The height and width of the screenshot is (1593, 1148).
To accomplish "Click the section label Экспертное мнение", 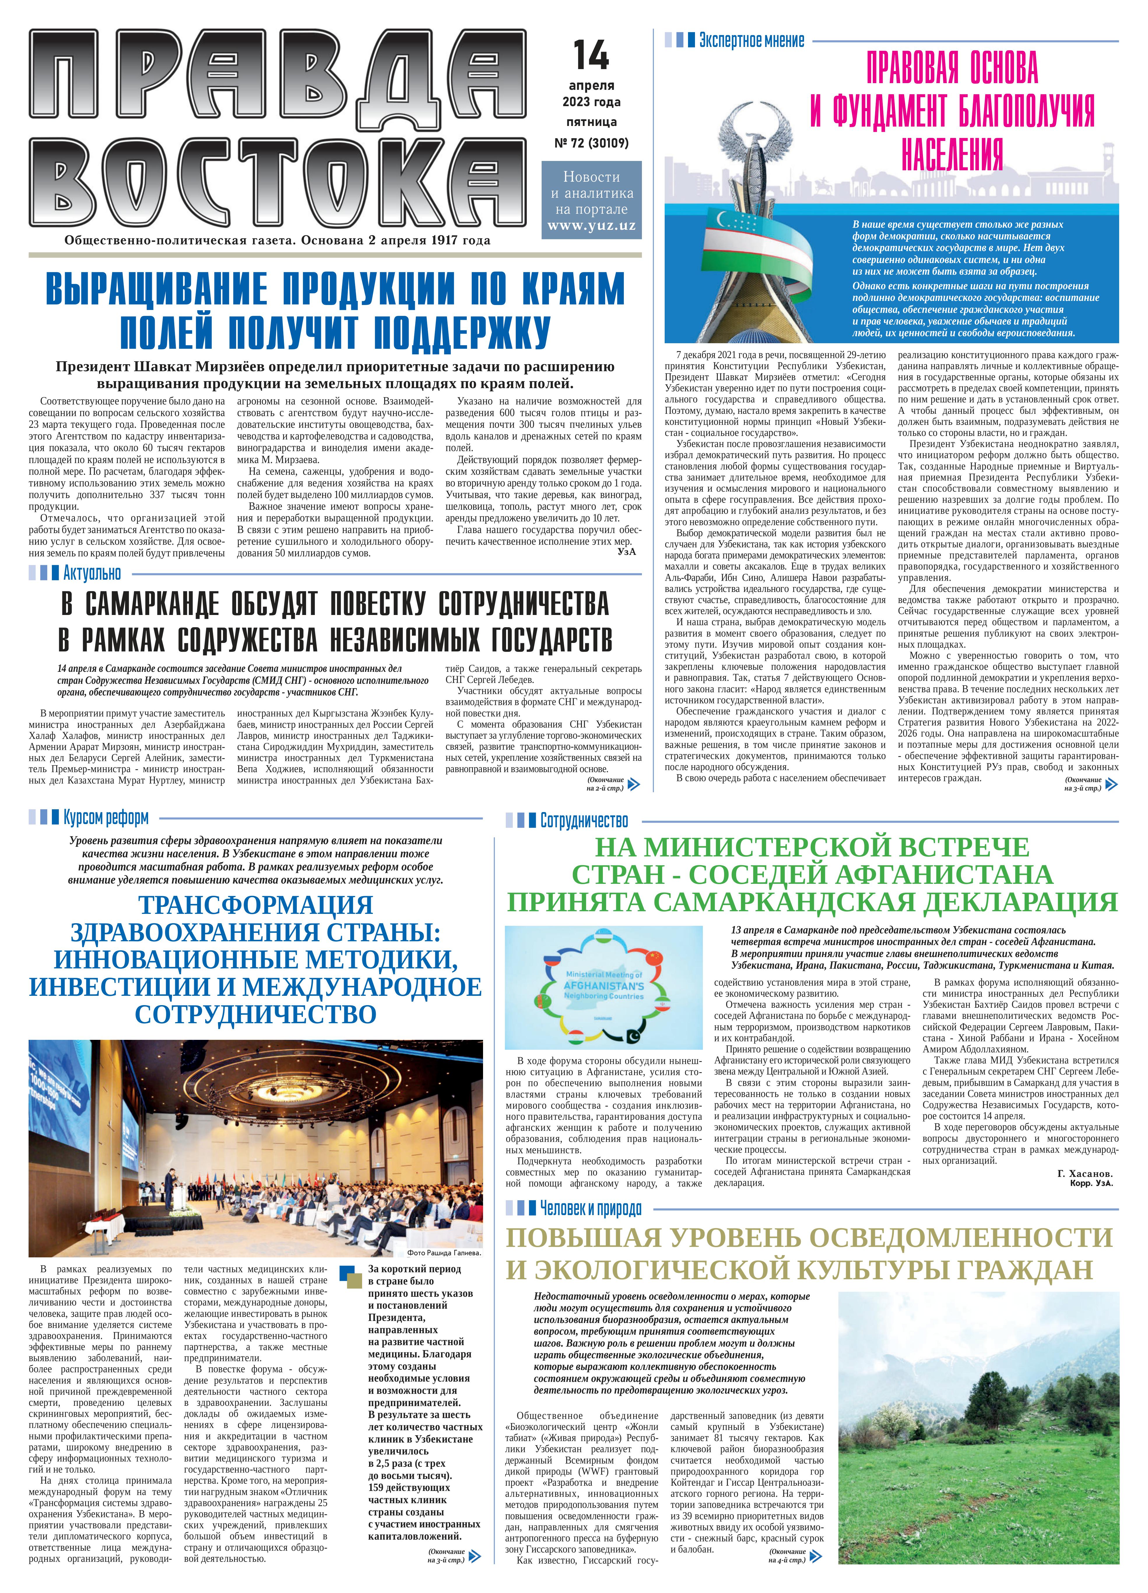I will tap(751, 41).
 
